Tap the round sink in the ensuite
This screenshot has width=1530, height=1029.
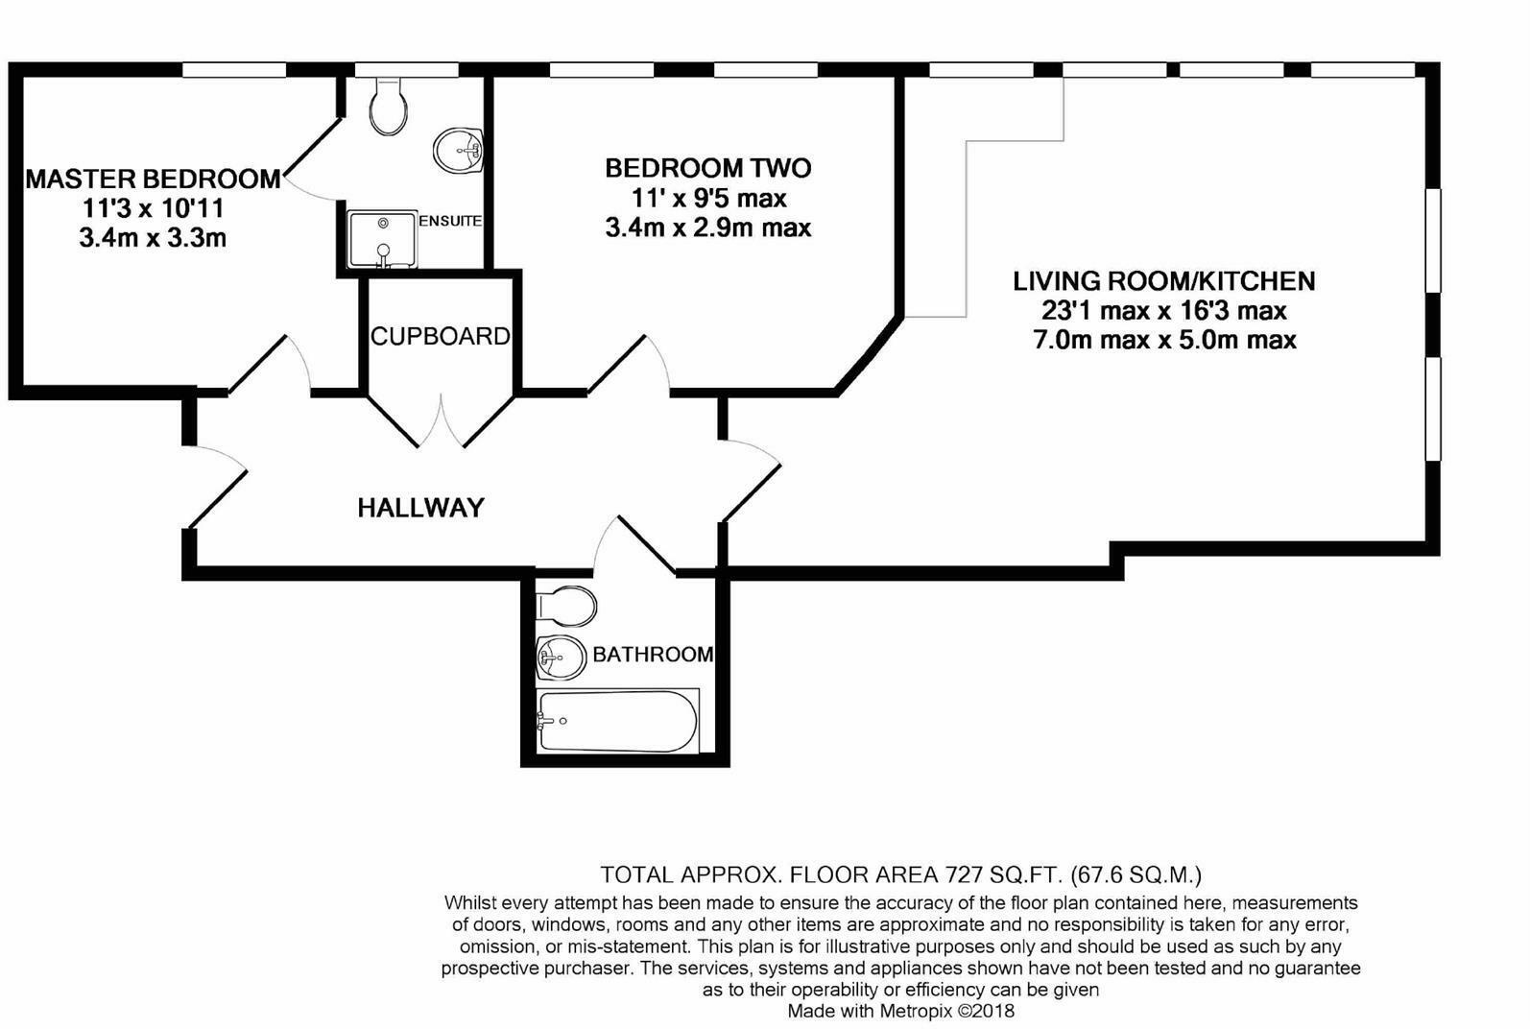point(459,151)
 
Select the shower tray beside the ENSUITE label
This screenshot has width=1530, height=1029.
point(382,239)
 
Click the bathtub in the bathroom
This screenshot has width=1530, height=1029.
point(618,721)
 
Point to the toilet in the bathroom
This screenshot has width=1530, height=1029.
point(567,606)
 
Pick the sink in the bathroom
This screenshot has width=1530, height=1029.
point(561,658)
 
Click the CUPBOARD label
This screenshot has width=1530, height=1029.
point(440,336)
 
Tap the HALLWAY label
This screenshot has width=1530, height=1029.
point(420,508)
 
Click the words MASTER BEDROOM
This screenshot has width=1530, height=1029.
point(153,179)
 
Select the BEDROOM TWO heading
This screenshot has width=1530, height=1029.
point(708,168)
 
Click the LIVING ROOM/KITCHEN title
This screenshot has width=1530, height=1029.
point(1164,281)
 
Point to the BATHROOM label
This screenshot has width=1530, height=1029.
point(653,655)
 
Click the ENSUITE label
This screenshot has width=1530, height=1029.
point(450,221)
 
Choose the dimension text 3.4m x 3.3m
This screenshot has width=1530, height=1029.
point(153,238)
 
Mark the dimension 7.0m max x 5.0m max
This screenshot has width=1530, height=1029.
point(1164,340)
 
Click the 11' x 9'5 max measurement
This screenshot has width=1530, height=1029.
point(708,199)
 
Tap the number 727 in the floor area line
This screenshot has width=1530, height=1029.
point(964,874)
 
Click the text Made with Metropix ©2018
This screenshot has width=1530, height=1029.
point(901,1011)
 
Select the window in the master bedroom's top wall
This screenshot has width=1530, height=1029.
point(233,70)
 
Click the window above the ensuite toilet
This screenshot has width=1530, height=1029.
point(406,70)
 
